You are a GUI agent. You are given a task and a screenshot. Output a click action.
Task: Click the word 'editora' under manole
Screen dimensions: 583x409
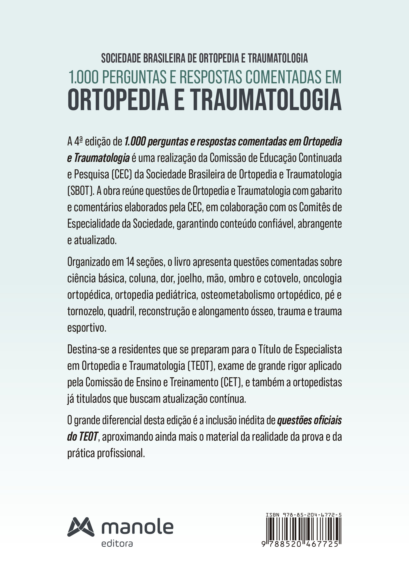pos(117,544)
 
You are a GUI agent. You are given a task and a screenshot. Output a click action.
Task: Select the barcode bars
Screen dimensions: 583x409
pos(303,529)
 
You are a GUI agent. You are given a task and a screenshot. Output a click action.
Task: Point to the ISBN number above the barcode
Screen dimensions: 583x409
pos(303,515)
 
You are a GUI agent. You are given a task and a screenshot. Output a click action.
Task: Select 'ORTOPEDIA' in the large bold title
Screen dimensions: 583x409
pos(118,100)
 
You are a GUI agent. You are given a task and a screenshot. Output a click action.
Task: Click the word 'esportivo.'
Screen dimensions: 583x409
pos(87,328)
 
